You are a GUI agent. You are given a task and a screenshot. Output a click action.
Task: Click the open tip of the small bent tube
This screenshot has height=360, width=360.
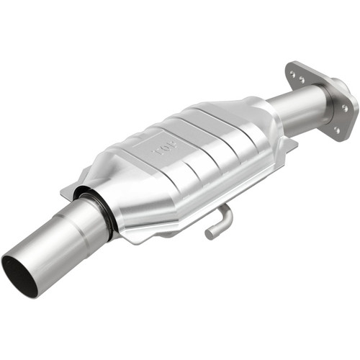pyautogui.click(x=210, y=233)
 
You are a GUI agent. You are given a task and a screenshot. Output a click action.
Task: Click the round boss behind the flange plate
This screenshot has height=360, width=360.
pyautogui.click(x=328, y=108)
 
